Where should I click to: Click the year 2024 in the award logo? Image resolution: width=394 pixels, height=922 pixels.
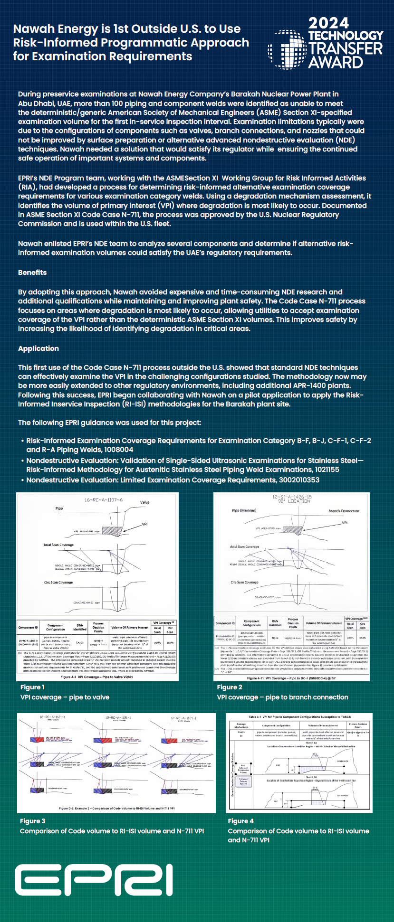point(328,23)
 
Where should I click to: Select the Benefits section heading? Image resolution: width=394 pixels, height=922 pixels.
point(32,273)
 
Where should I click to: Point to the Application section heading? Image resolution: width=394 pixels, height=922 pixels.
point(38,348)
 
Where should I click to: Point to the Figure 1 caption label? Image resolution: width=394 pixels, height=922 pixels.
point(32,687)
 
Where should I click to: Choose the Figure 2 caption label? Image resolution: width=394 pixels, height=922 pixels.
point(230,687)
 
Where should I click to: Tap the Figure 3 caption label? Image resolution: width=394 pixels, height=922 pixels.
point(33,821)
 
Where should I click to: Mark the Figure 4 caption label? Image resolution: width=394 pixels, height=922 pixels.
point(240,821)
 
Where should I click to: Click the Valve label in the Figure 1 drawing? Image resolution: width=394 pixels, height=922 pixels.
point(144,502)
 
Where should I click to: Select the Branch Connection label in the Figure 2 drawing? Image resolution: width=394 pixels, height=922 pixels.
point(344,511)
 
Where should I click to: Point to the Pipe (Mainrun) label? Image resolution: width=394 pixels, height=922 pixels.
point(244,511)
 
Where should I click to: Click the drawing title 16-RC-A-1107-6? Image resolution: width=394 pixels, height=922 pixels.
point(104,500)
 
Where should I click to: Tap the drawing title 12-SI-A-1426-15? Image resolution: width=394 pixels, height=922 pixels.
point(292,497)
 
